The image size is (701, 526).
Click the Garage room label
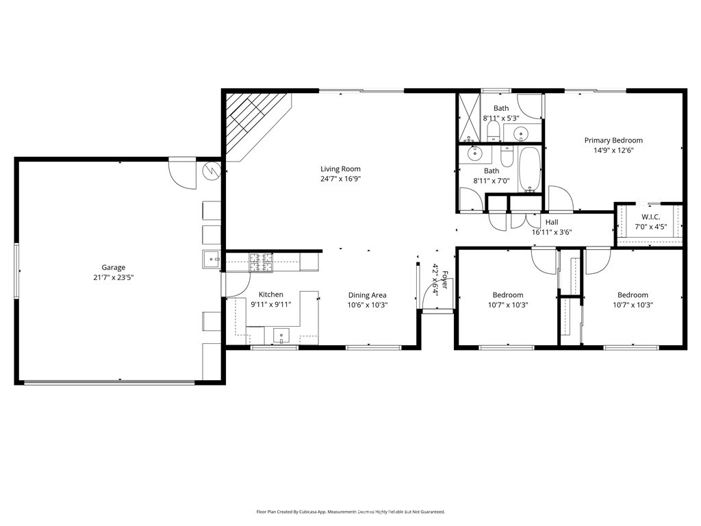click(x=114, y=268)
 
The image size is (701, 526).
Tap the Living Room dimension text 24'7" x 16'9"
click(x=340, y=179)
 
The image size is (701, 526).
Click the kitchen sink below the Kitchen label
click(x=282, y=336)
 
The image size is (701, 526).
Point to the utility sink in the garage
click(x=210, y=259)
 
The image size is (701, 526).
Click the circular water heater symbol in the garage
click(x=212, y=169)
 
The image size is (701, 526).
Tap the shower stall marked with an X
click(x=469, y=118)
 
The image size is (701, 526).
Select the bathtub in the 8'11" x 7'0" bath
click(x=529, y=169)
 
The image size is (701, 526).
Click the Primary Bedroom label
click(x=613, y=140)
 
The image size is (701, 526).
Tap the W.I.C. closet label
click(x=650, y=217)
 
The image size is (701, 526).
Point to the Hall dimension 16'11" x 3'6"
click(x=552, y=232)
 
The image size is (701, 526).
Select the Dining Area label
click(x=367, y=295)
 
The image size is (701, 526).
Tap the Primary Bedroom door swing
click(x=559, y=199)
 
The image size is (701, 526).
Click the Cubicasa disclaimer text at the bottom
click(x=350, y=512)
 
